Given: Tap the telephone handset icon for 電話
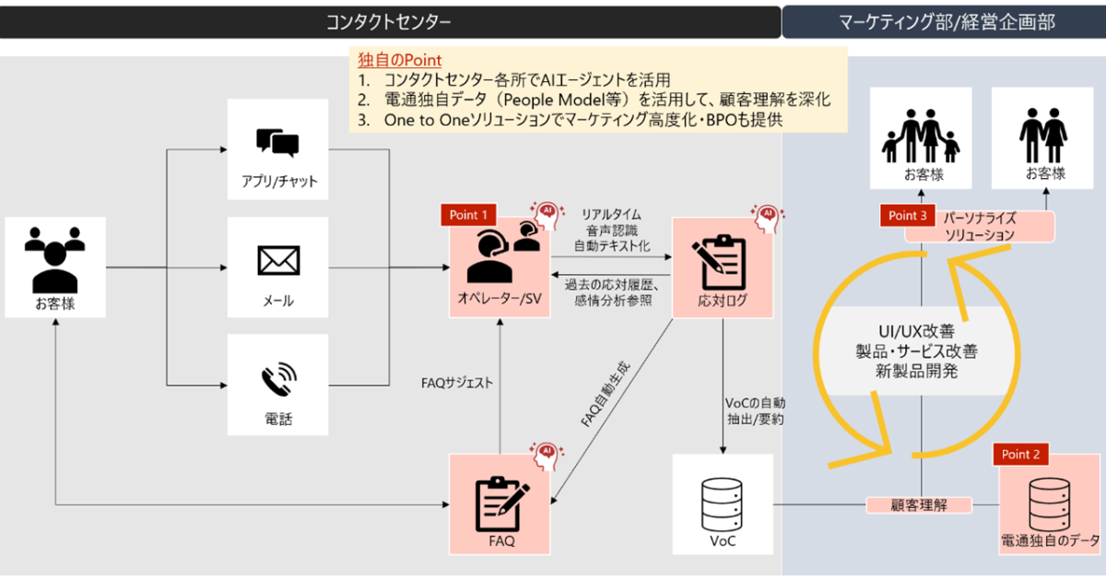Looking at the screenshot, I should (278, 378).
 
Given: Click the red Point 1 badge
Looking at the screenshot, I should (469, 215).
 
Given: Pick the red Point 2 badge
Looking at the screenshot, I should (1020, 455).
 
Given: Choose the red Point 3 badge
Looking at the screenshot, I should (909, 215).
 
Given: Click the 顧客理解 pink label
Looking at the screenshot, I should (919, 504).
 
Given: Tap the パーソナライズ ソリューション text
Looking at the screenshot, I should (979, 228).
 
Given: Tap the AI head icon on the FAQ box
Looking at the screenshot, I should (546, 451).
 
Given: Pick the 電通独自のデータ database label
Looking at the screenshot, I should (1050, 540).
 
